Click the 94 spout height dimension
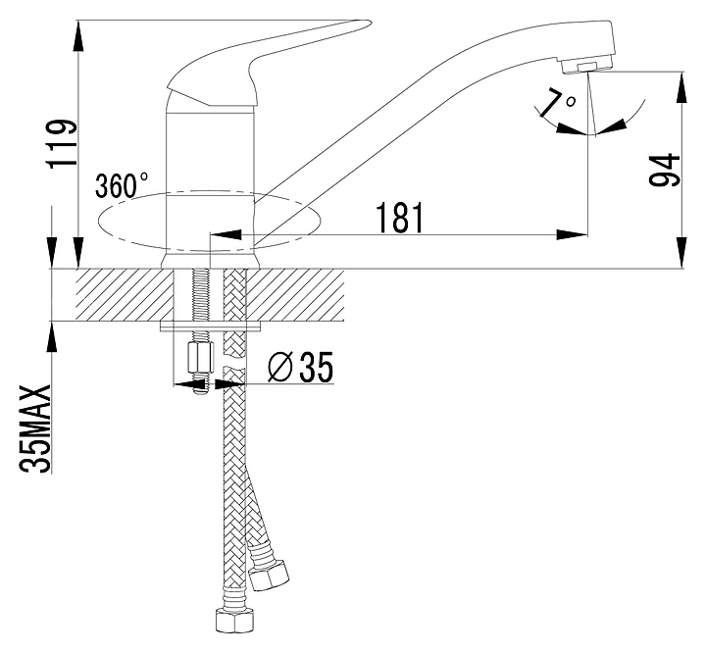tap(664, 170)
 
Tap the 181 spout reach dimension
tap(400, 218)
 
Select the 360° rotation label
tap(121, 185)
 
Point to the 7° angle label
tap(557, 102)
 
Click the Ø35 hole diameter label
tap(300, 366)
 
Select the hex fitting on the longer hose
tap(232, 620)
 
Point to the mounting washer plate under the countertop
tap(211, 326)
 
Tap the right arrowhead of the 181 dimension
tap(573, 234)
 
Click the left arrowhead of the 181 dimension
tap(226, 234)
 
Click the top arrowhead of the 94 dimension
tap(682, 87)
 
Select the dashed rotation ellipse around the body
tap(210, 221)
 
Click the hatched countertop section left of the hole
tap(125, 294)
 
